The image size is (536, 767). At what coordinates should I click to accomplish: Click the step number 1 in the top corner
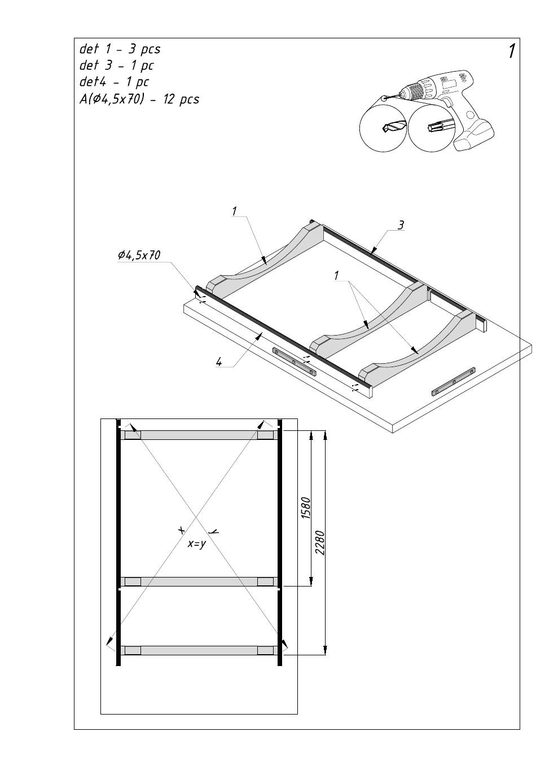pos(511,51)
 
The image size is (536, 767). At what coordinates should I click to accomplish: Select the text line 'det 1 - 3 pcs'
pos(120,49)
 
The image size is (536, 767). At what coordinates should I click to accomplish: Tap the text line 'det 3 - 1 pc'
pos(116,65)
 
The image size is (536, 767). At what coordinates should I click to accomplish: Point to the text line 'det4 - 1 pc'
pos(114,82)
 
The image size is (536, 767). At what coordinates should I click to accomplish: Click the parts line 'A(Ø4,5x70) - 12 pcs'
pos(139,99)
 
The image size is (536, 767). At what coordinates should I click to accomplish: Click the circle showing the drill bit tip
pos(384,127)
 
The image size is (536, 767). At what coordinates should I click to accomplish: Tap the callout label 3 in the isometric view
pos(401,226)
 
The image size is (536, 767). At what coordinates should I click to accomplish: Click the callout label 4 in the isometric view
pos(219,362)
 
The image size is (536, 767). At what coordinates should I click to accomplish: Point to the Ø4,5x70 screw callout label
pos(139,255)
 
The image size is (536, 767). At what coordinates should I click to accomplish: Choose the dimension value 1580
pos(305,508)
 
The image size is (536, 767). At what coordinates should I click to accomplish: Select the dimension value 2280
pos(319,542)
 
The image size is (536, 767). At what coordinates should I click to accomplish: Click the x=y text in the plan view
pos(196,544)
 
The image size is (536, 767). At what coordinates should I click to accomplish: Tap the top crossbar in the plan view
pos(199,435)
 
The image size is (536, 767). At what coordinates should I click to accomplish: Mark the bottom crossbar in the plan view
pos(199,650)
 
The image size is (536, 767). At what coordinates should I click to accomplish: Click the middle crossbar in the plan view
pos(199,581)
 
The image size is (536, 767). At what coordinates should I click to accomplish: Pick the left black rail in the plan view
pos(118,541)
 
